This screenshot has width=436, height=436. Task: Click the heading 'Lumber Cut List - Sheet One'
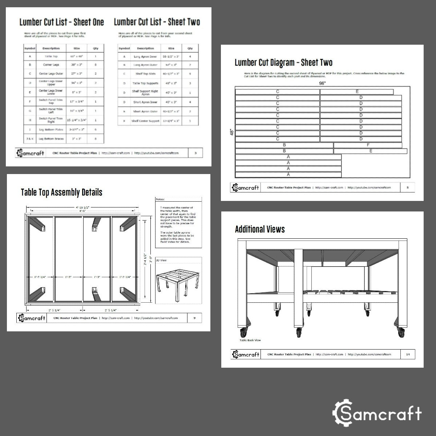tap(61, 22)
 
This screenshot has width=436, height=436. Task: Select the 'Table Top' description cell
tap(51, 57)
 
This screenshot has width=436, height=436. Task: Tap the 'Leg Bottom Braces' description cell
tap(51, 139)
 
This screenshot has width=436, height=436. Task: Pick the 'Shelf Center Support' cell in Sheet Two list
tap(145, 121)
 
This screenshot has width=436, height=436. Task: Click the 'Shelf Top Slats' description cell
tap(145, 74)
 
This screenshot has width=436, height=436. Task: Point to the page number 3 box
tap(195, 153)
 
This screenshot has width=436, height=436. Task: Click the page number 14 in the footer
tap(408, 354)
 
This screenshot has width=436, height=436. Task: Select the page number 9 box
tap(194, 318)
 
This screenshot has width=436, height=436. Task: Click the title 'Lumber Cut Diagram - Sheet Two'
tap(283, 62)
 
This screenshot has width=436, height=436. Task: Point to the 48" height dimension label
tap(231, 132)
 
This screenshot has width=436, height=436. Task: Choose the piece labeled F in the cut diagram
tap(368, 145)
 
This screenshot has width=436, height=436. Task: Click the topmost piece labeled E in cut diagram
tap(357, 92)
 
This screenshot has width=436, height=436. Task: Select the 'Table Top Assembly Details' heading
tap(61, 192)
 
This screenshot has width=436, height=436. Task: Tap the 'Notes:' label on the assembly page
tap(160, 199)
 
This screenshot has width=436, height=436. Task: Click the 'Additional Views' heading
tap(260, 229)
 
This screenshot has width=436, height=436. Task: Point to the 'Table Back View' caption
tap(250, 340)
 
